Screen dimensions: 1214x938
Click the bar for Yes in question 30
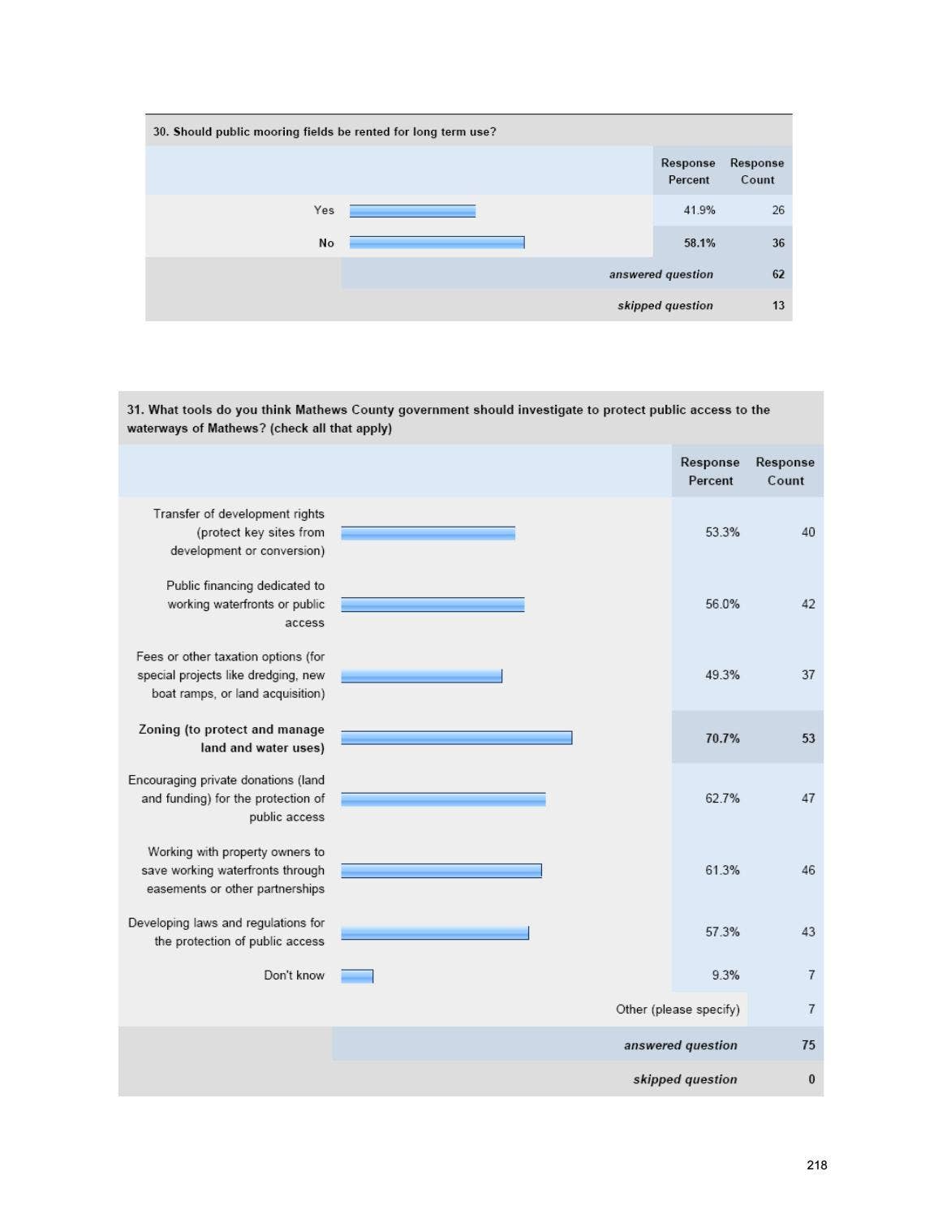(x=412, y=211)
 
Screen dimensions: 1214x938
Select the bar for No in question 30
(x=437, y=243)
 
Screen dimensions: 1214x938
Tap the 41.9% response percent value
(x=699, y=210)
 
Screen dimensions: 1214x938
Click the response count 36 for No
(x=778, y=243)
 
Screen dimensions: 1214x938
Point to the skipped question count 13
(x=778, y=306)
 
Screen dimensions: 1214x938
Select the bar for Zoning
(x=456, y=738)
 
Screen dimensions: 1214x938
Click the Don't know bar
(x=357, y=976)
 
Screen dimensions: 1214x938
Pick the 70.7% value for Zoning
(x=722, y=738)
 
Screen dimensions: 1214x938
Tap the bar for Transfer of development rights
(x=428, y=533)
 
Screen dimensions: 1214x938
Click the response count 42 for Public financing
(x=808, y=605)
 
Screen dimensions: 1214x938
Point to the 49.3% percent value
(x=722, y=675)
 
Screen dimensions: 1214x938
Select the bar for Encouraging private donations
(x=443, y=799)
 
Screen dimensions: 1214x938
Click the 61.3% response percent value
(x=722, y=871)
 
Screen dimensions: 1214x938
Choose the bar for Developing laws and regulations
(x=435, y=933)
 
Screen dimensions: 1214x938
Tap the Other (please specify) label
(x=678, y=1010)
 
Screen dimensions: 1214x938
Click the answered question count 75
(x=808, y=1045)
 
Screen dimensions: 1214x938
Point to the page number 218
(x=817, y=1165)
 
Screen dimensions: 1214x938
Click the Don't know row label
(x=294, y=975)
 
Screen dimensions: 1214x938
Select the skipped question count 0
(x=811, y=1079)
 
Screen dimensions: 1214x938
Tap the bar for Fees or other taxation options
(x=421, y=676)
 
